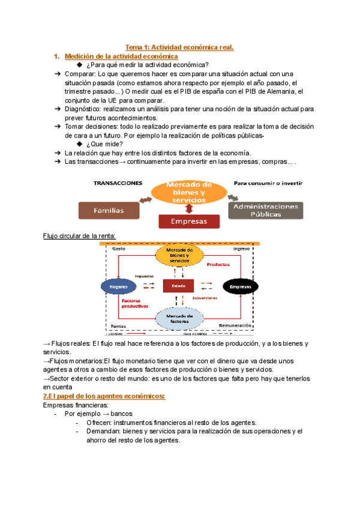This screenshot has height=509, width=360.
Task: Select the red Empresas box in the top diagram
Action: coord(189,221)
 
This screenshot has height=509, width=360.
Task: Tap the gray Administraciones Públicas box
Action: coord(266,210)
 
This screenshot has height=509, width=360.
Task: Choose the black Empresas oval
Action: coord(239,288)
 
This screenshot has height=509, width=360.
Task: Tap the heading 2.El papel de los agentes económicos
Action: coord(104,396)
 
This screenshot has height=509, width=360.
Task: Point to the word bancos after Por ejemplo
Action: coord(122,414)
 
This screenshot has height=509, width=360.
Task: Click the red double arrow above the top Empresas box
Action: coord(190,208)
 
